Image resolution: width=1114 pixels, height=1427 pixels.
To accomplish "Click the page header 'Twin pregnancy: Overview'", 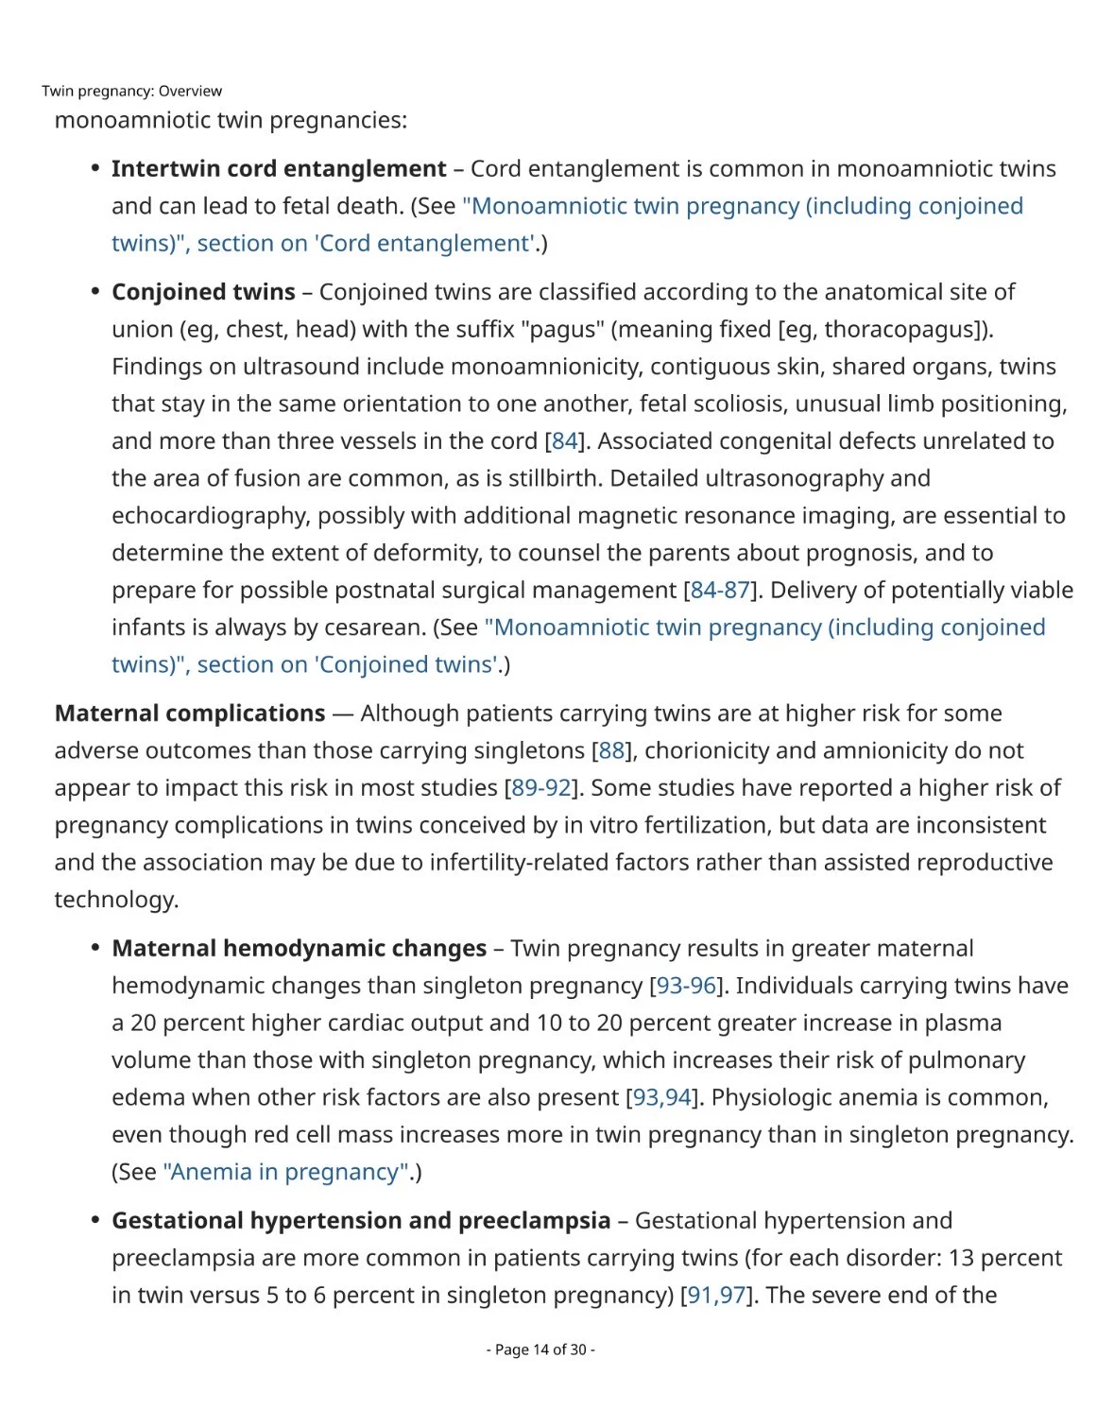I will tap(131, 91).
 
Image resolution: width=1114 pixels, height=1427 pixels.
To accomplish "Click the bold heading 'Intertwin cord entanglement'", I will tap(279, 168).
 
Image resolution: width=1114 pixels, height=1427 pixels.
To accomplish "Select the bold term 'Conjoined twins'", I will tap(203, 292).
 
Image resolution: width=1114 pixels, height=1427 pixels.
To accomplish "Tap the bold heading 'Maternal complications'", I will tap(190, 713).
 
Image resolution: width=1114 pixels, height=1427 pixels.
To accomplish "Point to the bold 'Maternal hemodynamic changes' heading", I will tap(299, 948).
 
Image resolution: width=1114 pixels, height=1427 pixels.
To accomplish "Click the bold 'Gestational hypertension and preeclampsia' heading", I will tap(361, 1220).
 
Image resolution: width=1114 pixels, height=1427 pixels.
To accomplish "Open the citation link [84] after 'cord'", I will tap(564, 441).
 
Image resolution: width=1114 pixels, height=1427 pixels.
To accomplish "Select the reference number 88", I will tap(611, 750).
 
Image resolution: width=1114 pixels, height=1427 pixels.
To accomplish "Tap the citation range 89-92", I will tap(540, 788).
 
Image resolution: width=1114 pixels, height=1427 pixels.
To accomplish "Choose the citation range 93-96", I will tap(686, 986).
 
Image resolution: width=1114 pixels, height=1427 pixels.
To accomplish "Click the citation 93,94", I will tap(661, 1097).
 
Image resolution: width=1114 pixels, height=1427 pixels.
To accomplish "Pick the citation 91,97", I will tap(716, 1295).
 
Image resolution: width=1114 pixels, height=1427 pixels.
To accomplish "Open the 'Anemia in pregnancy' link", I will tap(286, 1172).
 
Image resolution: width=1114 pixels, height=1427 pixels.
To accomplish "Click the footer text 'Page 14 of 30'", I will tap(540, 1350).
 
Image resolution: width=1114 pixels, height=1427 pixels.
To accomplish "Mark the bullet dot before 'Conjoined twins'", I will tap(95, 291).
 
